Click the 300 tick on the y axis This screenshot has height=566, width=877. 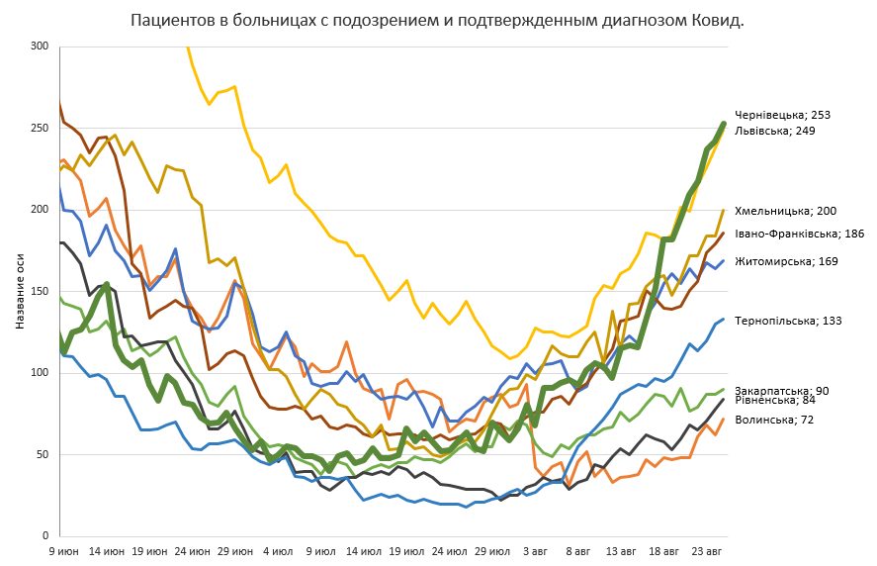click(39, 47)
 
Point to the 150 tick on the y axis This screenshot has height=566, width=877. click(39, 291)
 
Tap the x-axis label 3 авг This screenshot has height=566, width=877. click(536, 550)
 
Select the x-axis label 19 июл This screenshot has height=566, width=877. click(408, 550)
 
